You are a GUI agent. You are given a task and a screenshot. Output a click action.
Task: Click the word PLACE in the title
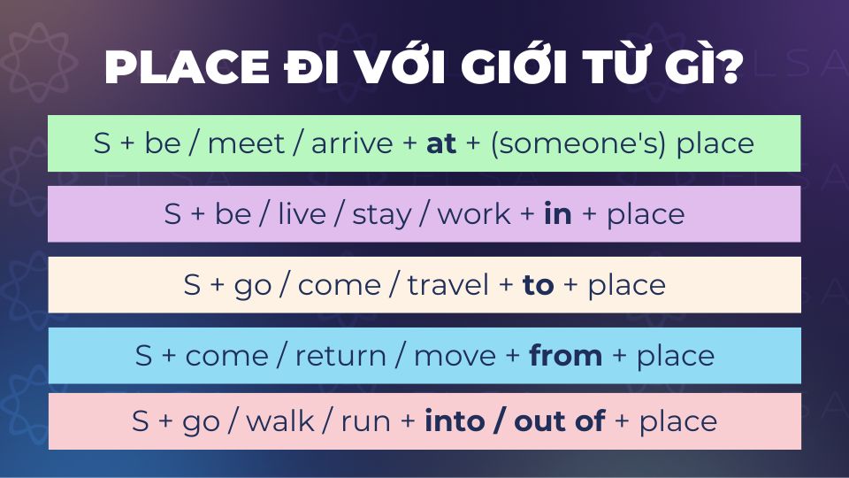coord(187,67)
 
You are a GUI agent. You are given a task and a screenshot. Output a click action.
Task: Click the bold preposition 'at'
coord(440,143)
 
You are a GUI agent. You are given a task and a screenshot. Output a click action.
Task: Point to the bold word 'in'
coord(558,213)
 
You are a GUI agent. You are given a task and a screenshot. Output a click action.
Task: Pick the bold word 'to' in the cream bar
coord(538,285)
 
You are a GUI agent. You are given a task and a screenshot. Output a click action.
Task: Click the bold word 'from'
coord(565,356)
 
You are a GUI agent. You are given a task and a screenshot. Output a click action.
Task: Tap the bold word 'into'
coord(455,420)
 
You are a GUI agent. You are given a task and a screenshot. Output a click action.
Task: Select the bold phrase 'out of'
coord(559,420)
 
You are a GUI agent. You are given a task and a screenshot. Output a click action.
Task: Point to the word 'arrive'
coord(352,143)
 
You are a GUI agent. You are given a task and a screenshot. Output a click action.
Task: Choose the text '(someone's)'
coord(577,144)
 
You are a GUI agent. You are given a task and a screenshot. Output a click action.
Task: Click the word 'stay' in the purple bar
coord(382,214)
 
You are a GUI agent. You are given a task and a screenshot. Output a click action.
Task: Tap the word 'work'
coord(474,213)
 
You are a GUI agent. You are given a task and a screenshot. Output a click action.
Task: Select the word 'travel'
coord(447,285)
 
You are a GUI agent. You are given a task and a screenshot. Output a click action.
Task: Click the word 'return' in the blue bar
coord(340,356)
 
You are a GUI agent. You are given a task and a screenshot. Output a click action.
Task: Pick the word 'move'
coord(455,357)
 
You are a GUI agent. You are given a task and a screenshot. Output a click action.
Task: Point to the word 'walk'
coord(280,421)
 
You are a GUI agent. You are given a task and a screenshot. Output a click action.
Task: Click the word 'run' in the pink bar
coord(365,421)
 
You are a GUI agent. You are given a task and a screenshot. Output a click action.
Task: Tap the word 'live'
coord(302,213)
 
